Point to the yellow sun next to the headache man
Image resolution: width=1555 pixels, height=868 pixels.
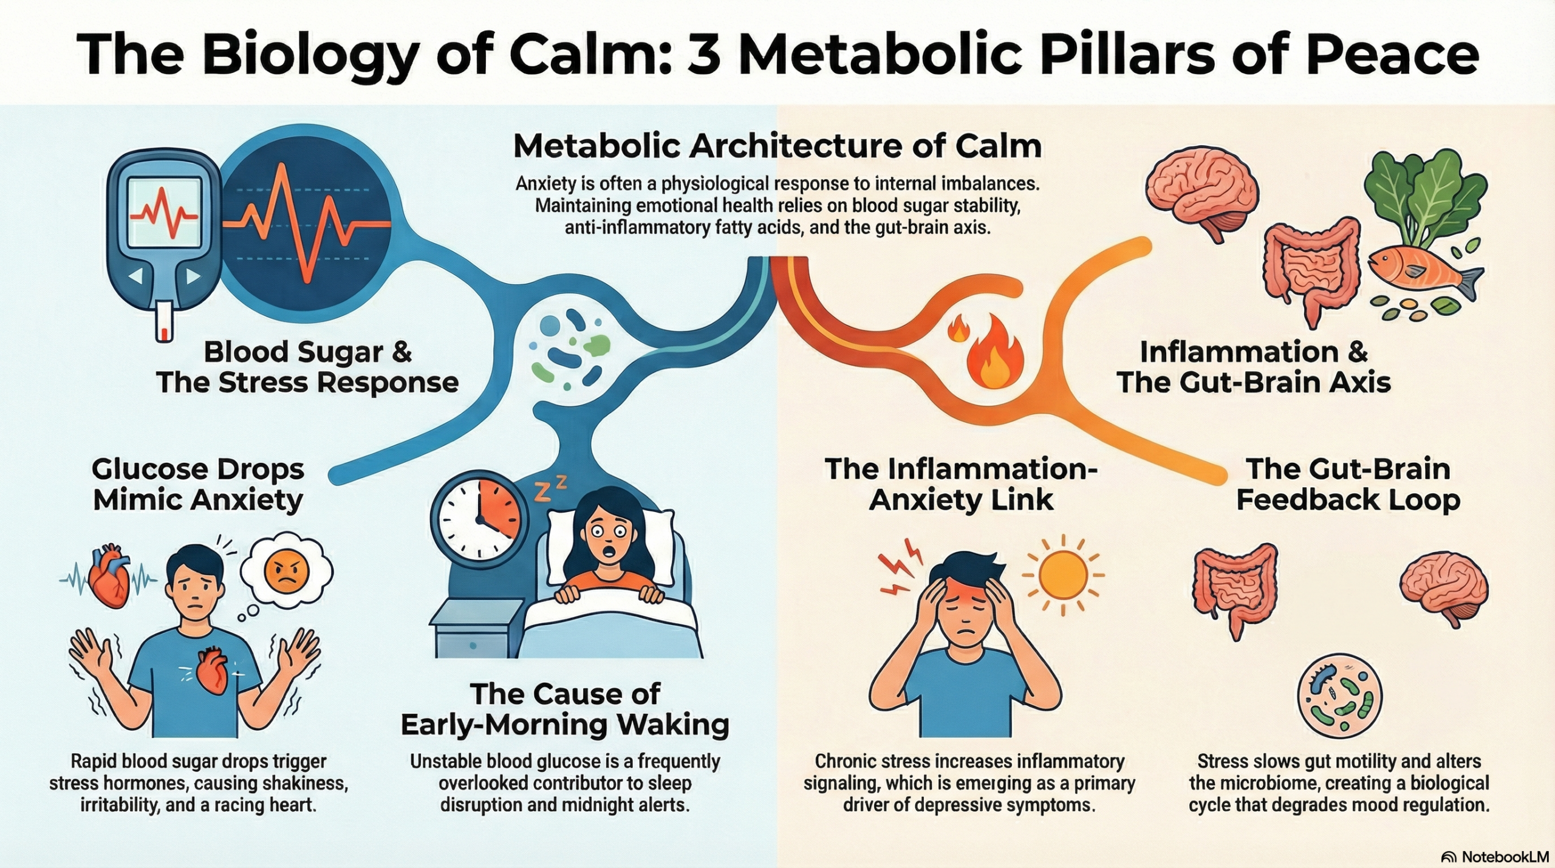pyautogui.click(x=1062, y=575)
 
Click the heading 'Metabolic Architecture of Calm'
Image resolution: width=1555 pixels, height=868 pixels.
pyautogui.click(x=777, y=146)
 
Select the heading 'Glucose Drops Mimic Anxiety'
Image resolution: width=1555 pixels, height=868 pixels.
pyautogui.click(x=197, y=485)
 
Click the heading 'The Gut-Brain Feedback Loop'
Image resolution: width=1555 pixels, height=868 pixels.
pyautogui.click(x=1348, y=485)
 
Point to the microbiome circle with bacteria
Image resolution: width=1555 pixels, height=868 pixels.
pyautogui.click(x=1339, y=695)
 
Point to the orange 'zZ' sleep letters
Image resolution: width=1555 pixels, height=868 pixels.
pyautogui.click(x=550, y=489)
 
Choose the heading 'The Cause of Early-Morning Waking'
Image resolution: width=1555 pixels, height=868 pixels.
pyautogui.click(x=565, y=709)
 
